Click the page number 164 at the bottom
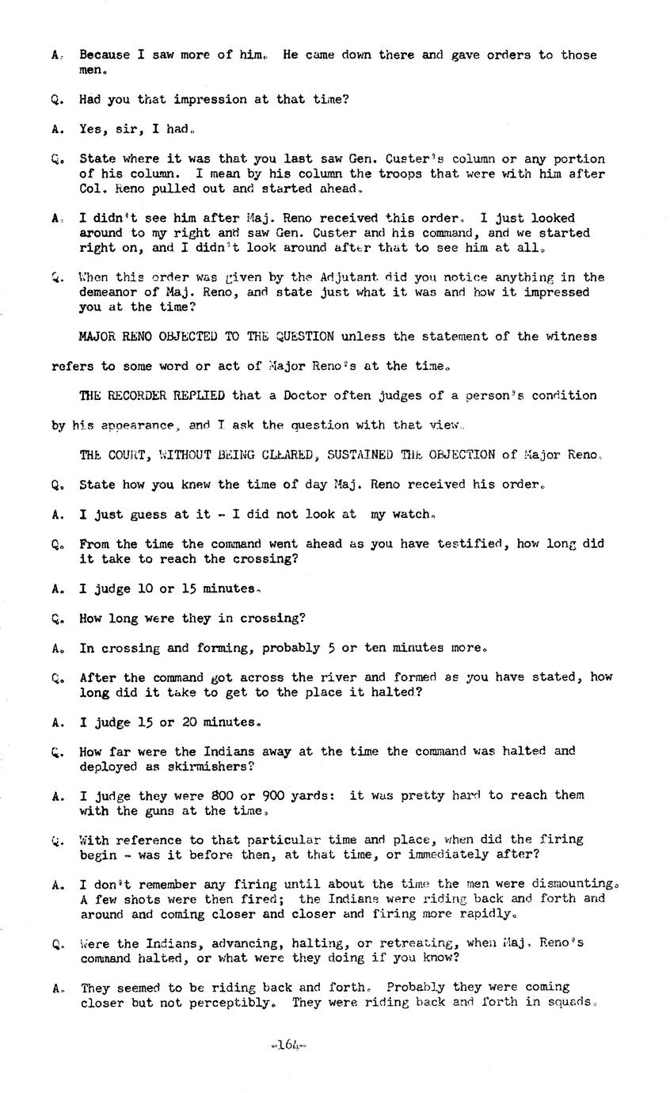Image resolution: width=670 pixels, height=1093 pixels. click(288, 1045)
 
